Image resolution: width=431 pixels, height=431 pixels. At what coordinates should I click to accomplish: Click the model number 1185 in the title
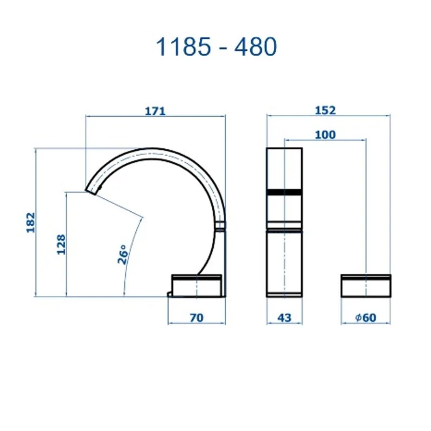[183, 47]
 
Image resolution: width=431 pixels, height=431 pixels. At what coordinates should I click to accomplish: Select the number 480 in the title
[255, 47]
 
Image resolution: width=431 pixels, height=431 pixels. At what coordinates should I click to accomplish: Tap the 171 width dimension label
[155, 111]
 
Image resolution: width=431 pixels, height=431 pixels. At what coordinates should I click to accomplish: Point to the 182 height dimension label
[31, 223]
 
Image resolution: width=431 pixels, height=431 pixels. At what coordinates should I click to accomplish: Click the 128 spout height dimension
[61, 245]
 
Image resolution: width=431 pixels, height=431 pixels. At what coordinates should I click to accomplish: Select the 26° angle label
[123, 254]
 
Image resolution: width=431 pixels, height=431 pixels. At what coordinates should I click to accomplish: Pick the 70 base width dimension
[197, 318]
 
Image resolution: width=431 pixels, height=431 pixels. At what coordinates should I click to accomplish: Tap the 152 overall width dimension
[325, 110]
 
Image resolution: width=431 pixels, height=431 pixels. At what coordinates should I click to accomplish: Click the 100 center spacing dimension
[325, 135]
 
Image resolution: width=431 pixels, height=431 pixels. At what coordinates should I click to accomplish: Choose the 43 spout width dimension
[284, 318]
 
